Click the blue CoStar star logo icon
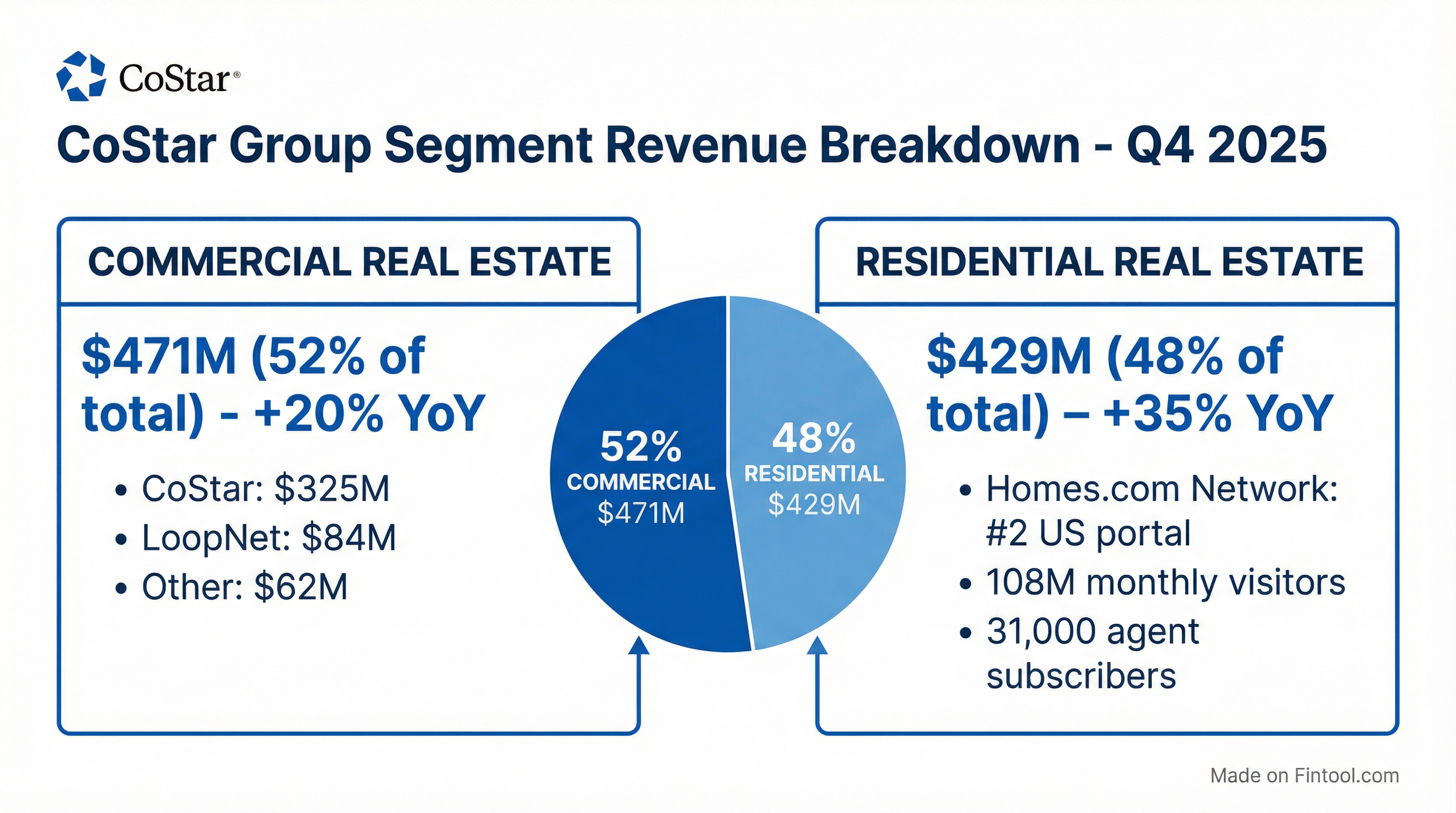tap(81, 76)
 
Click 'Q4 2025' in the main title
tap(1226, 146)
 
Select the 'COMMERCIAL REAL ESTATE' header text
tap(349, 263)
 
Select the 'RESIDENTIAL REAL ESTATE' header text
tap(1109, 263)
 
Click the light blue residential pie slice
tap(820, 565)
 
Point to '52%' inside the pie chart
tap(640, 447)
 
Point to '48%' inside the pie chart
tap(813, 439)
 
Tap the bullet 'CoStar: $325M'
tap(265, 489)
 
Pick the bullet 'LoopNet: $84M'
tap(268, 538)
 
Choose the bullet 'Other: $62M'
tap(244, 587)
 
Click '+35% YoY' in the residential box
tap(1217, 413)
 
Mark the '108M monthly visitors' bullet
tap(1165, 582)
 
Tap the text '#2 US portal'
tap(1088, 534)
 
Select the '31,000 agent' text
tap(1092, 631)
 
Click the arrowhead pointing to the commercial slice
tap(639, 646)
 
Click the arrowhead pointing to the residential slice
tap(817, 646)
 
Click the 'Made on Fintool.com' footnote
tap(1304, 776)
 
